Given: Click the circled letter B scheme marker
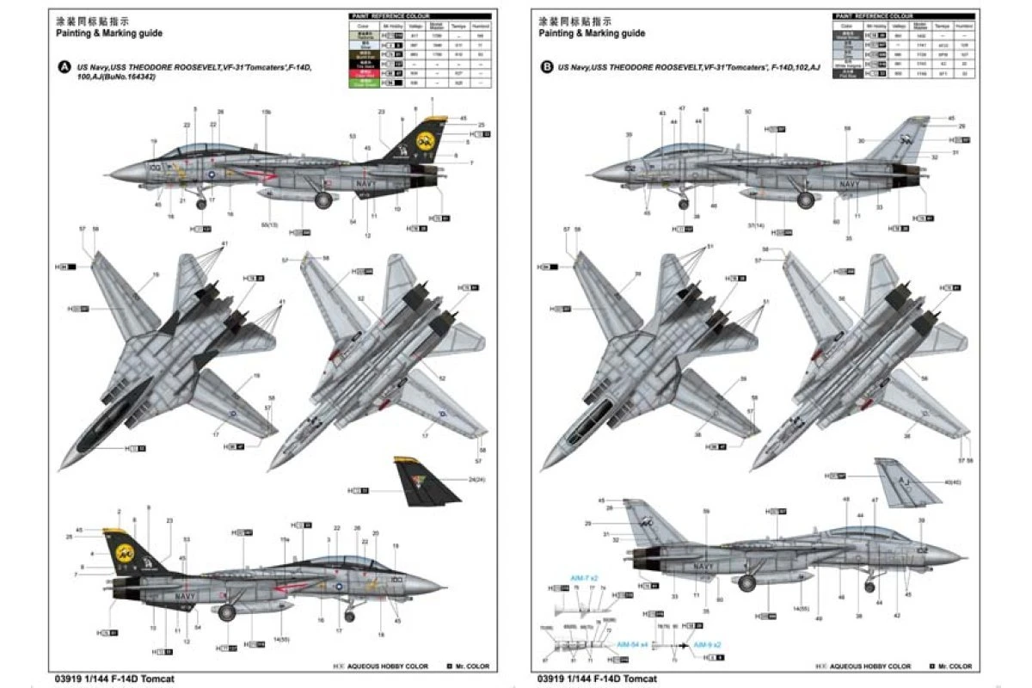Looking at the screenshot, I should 548,68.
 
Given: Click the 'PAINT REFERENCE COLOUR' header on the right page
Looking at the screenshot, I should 873,16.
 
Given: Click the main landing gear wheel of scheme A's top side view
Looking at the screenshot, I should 324,201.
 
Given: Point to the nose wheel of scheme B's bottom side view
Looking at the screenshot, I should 869,587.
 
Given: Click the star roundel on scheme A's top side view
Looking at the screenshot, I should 211,174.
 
